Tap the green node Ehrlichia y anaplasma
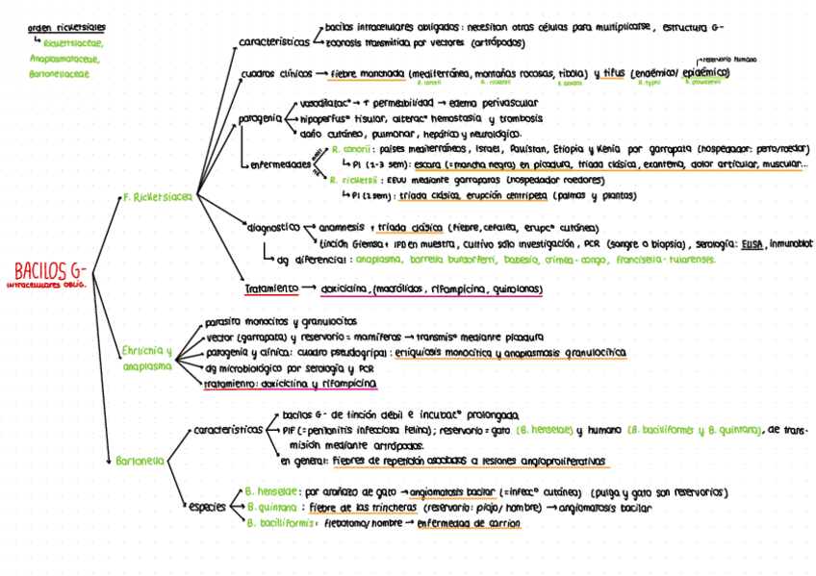(147, 358)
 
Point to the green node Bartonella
(140, 461)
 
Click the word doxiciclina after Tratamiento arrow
(344, 288)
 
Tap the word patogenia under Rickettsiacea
(258, 117)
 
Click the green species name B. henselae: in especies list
(272, 489)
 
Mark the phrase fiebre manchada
(368, 73)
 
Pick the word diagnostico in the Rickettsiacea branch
(274, 228)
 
